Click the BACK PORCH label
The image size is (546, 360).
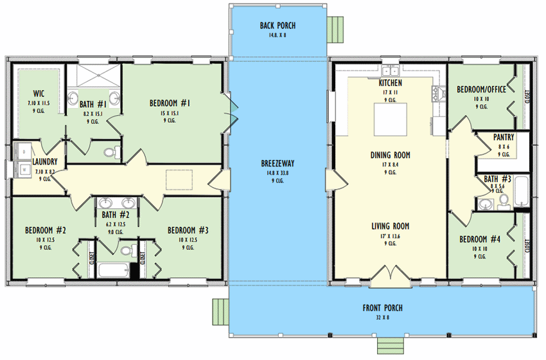(x=277, y=26)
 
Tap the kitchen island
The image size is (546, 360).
(x=390, y=120)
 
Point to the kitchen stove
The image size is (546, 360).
(x=439, y=94)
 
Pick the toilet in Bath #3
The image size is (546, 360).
(x=503, y=202)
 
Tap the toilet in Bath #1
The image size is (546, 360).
(x=111, y=152)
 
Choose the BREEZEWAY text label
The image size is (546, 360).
(x=277, y=163)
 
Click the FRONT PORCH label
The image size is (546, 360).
(x=382, y=308)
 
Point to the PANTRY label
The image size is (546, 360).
(x=503, y=138)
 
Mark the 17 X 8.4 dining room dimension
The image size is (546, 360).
(x=390, y=163)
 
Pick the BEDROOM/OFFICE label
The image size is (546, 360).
(x=481, y=89)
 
